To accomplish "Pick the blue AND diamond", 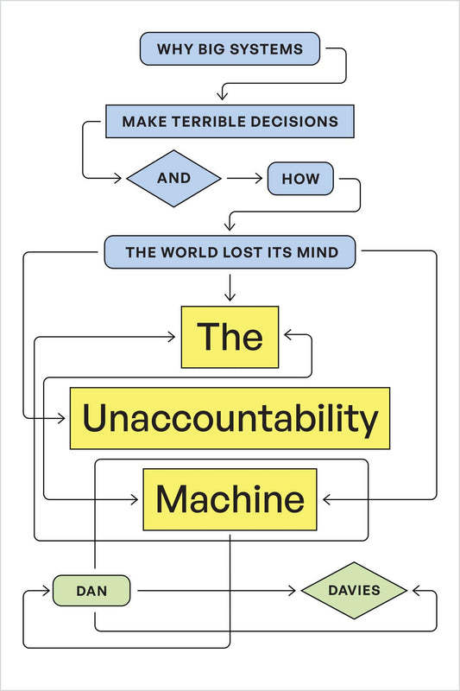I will point(173,180).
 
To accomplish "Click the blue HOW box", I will point(300,180).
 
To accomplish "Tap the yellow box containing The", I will point(230,337).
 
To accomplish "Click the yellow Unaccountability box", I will point(230,418).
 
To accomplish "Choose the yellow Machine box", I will point(230,499).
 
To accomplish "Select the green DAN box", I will point(91,591).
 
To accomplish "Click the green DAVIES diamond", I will point(354,591).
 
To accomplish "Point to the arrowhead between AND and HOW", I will point(258,180).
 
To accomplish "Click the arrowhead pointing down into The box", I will point(230,297).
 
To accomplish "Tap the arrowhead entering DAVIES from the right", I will point(416,591).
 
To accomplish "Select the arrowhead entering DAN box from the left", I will point(47,591).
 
